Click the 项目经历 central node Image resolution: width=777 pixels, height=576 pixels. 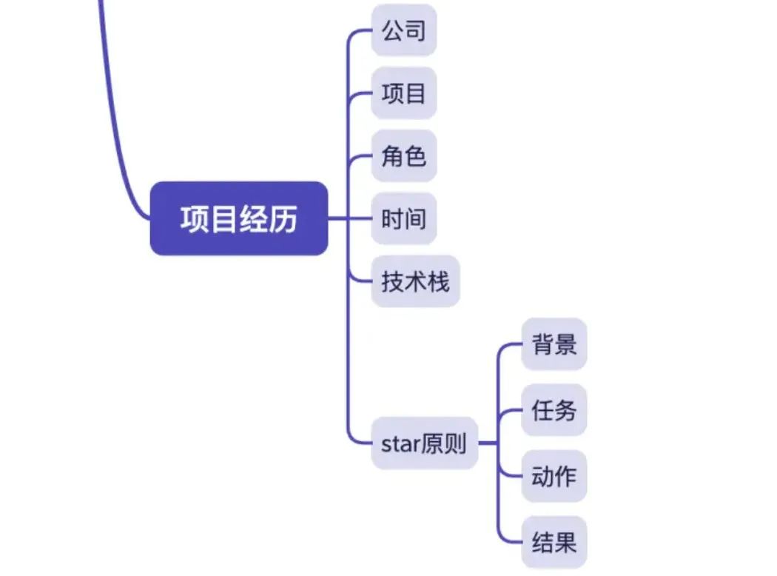[238, 218]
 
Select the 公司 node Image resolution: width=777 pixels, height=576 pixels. [403, 30]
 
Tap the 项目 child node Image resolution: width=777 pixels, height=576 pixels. [403, 93]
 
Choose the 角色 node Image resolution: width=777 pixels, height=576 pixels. [403, 156]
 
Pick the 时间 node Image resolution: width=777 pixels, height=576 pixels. [403, 219]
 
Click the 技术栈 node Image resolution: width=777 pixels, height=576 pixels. [415, 281]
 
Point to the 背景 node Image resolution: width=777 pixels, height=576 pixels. [554, 344]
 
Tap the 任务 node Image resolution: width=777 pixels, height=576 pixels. [554, 409]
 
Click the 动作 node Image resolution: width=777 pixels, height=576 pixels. [554, 475]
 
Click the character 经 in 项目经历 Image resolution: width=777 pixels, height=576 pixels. [253, 219]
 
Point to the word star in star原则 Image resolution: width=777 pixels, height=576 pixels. [400, 443]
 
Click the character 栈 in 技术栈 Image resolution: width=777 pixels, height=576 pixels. [438, 281]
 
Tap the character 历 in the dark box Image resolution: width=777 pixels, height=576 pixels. [283, 219]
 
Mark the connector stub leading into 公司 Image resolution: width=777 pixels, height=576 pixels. [360, 31]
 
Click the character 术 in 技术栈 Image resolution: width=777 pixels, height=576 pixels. [415, 281]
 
